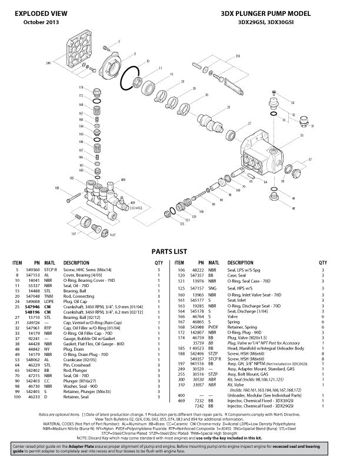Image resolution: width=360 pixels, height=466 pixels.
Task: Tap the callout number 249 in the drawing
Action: (x=48, y=61)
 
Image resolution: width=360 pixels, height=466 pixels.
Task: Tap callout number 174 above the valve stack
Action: (x=81, y=88)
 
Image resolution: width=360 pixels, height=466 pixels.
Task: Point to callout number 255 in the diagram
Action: (x=237, y=56)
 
